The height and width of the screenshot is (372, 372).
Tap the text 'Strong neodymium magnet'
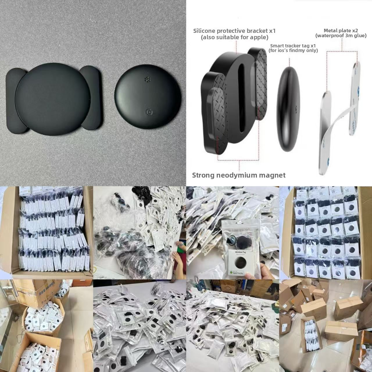239,175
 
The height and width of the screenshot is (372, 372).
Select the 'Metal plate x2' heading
340,30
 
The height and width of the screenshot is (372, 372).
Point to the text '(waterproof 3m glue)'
341,36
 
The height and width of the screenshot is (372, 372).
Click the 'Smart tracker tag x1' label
293,46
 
